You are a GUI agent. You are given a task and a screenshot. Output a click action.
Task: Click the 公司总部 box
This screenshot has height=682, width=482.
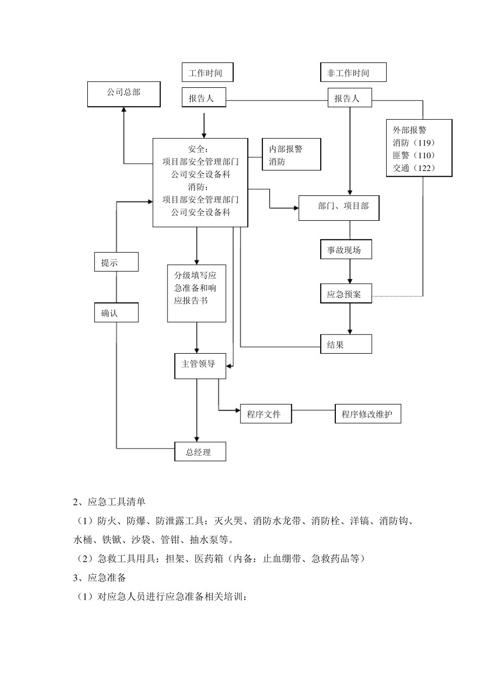(x=124, y=94)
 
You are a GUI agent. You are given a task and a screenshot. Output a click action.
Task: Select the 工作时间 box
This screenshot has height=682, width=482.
(x=208, y=73)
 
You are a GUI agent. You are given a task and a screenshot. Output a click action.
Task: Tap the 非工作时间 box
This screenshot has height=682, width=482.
(x=353, y=73)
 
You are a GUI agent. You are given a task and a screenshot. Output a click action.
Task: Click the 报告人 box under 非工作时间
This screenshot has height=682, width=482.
(x=350, y=98)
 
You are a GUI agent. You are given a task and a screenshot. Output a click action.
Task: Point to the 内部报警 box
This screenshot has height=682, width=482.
(x=291, y=155)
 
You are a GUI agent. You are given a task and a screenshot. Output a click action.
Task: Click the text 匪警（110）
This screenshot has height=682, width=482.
(x=414, y=155)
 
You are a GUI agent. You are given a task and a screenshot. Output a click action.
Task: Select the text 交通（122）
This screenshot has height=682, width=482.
(x=414, y=168)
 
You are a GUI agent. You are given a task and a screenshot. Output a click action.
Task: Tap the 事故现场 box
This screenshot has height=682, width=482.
(x=346, y=250)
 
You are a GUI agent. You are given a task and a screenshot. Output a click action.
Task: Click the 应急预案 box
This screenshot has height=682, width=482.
(x=346, y=294)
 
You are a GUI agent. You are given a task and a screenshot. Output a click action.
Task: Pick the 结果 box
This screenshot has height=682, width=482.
(x=346, y=345)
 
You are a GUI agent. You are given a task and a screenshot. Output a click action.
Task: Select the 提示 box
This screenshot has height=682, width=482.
(x=116, y=262)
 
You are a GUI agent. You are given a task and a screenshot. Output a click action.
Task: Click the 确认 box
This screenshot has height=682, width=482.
(x=116, y=313)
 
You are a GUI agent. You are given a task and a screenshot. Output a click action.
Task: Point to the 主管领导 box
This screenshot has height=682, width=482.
(x=200, y=364)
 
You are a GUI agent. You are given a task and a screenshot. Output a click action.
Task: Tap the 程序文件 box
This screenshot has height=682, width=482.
(x=266, y=414)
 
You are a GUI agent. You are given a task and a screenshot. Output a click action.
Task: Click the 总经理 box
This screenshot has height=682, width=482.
(x=200, y=452)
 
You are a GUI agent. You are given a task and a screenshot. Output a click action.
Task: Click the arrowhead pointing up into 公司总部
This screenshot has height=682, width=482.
(x=124, y=110)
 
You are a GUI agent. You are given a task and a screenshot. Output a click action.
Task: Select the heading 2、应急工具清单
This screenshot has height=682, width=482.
(x=109, y=502)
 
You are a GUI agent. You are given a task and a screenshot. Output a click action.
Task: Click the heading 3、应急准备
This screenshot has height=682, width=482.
(x=99, y=577)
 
